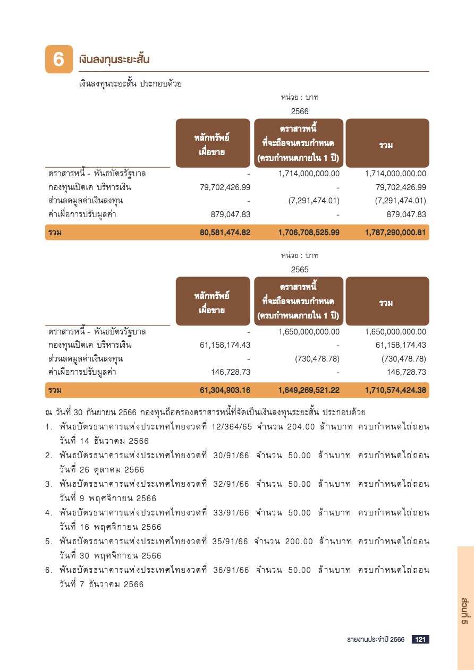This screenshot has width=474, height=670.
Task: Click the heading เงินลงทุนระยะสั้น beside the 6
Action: pos(114,59)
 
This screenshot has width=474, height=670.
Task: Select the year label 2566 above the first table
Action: pos(300,111)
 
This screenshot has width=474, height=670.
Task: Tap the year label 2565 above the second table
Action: pos(300,270)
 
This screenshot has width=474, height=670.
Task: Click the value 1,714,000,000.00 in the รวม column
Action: pos(395,174)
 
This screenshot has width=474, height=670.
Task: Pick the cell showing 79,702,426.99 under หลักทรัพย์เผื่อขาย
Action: pos(224,187)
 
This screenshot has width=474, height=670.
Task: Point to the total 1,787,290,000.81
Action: pos(395,233)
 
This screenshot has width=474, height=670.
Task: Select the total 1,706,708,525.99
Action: pos(309,233)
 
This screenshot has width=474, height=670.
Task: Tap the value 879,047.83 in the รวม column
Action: pos(406,214)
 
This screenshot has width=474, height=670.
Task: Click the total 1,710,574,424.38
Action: pos(395,391)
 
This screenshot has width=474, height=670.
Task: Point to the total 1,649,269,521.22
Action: pos(309,391)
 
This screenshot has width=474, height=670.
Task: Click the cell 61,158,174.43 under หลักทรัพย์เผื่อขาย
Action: pos(224,346)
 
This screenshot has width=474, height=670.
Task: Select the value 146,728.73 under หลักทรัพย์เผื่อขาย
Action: pos(231,372)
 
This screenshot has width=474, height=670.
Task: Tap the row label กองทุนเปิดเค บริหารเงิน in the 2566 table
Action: pos(90,187)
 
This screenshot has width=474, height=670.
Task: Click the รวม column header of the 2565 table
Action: pos(386,303)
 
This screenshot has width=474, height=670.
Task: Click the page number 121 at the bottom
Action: pos(420,639)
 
